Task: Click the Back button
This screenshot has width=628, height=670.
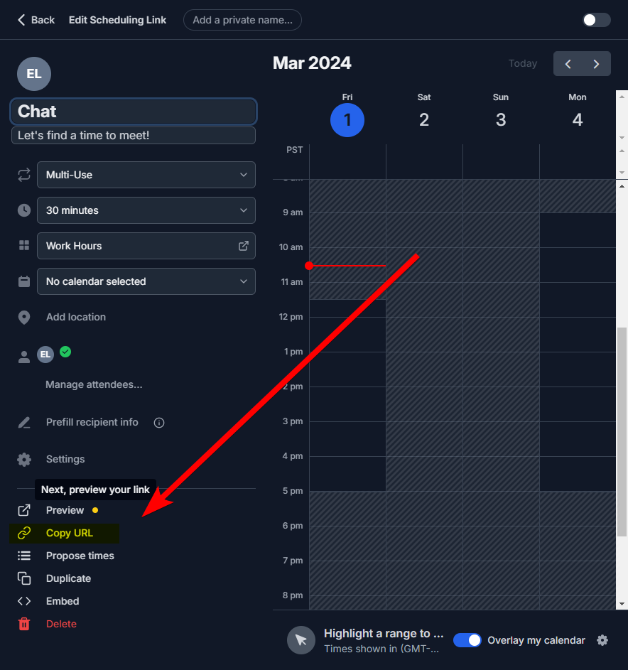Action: tap(36, 20)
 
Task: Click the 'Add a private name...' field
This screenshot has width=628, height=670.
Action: tap(242, 20)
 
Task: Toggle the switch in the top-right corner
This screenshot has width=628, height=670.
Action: tap(596, 20)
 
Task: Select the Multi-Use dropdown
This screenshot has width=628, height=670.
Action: tap(146, 175)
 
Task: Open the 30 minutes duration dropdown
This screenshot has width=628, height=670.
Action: tap(146, 210)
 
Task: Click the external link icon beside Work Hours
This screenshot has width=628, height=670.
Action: tap(244, 246)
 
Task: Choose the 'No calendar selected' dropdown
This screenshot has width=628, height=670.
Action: tap(146, 281)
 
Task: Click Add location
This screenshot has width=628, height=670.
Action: tap(76, 317)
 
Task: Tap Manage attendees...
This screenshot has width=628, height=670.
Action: tap(94, 384)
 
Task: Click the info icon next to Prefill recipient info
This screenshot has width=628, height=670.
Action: tap(159, 423)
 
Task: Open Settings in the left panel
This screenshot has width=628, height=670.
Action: tap(65, 459)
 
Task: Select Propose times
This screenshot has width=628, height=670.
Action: tap(80, 556)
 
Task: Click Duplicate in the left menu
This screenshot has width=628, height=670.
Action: tap(68, 578)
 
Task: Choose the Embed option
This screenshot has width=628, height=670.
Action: tap(63, 601)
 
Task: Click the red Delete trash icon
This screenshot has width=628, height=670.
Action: tap(24, 624)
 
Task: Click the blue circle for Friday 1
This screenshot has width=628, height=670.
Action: tap(347, 120)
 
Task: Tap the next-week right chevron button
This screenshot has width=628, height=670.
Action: tap(596, 64)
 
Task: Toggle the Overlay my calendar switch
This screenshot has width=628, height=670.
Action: tap(467, 640)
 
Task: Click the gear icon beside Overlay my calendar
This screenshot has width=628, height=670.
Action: tap(602, 640)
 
